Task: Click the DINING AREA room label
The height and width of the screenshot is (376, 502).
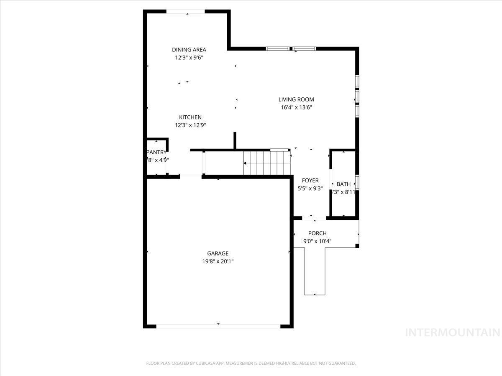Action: [189, 50]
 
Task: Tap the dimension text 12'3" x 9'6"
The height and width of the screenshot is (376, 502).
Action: [189, 58]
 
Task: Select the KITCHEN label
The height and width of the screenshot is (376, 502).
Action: [190, 117]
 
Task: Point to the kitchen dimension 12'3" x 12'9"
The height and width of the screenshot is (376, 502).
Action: [190, 125]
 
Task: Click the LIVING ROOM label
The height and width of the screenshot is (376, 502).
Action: [296, 99]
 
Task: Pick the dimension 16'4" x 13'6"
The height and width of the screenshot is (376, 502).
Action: [296, 107]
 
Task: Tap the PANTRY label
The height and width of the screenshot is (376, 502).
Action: [156, 152]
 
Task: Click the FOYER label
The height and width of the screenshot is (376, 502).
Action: [310, 180]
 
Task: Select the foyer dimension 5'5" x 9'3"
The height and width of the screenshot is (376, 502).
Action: [310, 188]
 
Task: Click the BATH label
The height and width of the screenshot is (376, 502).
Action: [343, 184]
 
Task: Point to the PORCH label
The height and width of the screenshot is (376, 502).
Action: [317, 233]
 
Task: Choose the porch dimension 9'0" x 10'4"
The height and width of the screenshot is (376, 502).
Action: [317, 241]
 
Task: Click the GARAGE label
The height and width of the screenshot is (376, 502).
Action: [218, 253]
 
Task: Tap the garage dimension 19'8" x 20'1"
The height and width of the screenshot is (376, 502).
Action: [218, 262]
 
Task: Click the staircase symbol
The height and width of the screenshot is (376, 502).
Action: [266, 163]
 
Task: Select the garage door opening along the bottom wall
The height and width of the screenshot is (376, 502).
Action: [218, 325]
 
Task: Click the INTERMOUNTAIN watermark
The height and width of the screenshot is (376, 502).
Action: [453, 333]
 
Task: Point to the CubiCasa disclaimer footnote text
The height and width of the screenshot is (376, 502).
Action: [251, 363]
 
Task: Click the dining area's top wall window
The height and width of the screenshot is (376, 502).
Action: [186, 12]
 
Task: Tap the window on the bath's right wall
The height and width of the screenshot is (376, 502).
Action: [357, 183]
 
